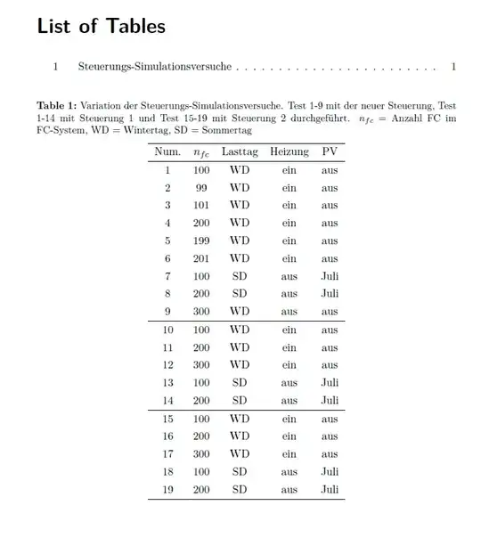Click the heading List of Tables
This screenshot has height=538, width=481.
point(101,26)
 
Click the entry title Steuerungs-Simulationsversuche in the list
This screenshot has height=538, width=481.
point(155,67)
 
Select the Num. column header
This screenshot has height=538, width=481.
point(167,151)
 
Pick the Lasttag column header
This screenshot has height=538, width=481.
point(240,151)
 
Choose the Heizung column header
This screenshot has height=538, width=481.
point(289,151)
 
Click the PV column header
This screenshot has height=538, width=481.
point(330,151)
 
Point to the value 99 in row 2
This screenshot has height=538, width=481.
point(201,188)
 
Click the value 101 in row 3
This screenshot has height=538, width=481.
point(201,206)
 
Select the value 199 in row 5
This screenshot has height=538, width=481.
point(201,241)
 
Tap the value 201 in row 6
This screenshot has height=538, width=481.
point(201,259)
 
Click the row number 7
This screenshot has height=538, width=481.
point(167,277)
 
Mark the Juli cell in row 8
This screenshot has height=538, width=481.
point(330,294)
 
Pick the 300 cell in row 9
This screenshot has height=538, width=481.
point(201,312)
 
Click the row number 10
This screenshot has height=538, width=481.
point(167,330)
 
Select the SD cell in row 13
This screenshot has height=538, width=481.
point(240,383)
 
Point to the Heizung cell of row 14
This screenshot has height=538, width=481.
point(289,401)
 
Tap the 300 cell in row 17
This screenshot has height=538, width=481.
point(201,454)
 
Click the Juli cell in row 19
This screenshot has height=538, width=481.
point(330,490)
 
